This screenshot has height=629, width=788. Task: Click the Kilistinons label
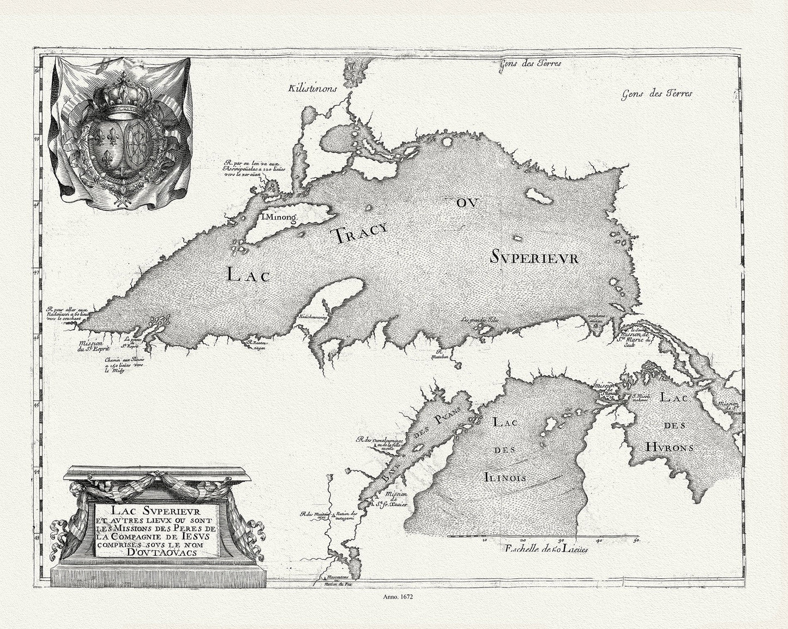(315, 87)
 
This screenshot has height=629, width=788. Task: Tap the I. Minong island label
(278, 217)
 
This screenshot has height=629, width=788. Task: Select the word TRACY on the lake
(353, 233)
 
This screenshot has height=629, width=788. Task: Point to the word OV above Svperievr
(467, 203)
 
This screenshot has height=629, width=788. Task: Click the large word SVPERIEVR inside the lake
(534, 258)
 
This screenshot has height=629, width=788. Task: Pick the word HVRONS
(670, 447)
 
